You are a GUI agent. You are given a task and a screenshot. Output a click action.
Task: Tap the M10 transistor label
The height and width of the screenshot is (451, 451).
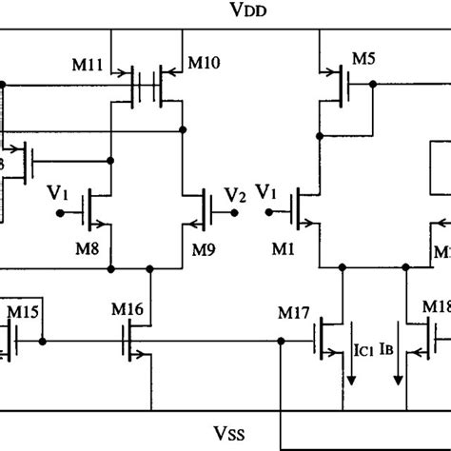202,64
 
